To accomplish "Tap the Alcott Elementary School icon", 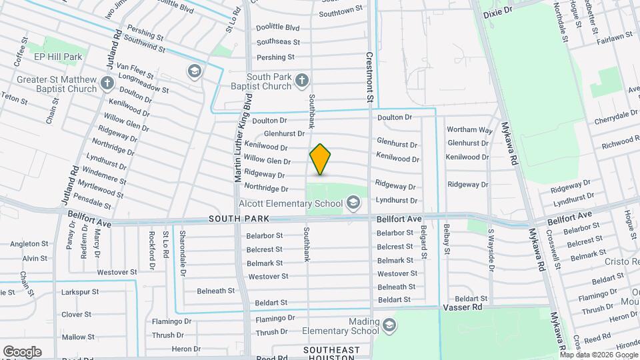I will [353, 201].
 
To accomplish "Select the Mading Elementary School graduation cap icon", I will [389, 325].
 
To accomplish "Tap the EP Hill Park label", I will [59, 57].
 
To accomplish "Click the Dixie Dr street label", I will [497, 11].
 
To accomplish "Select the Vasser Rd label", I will [462, 308].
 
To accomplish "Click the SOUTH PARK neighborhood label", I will [238, 219].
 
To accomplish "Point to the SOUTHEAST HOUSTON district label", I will [331, 354].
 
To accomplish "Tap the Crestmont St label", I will [369, 78].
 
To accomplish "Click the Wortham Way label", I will [469, 129].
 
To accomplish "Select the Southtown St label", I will [341, 13].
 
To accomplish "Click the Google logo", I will [22, 351].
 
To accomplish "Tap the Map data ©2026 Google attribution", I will [603, 355].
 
